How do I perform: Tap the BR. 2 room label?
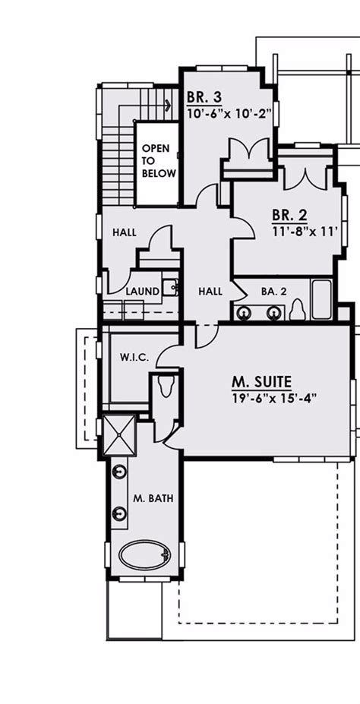290,216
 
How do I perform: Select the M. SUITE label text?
262,382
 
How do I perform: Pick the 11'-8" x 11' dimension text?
304,231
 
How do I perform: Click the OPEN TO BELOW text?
159,161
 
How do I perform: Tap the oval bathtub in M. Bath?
145,554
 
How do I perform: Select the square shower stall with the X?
119,434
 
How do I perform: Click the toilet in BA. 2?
298,310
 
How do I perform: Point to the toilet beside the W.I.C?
165,386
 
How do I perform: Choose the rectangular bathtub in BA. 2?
322,299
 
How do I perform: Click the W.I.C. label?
131,358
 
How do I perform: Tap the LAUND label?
142,292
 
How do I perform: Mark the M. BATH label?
153,498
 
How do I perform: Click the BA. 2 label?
273,291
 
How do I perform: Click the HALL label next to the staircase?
125,232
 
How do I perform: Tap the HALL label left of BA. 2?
210,292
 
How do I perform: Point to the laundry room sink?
170,287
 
